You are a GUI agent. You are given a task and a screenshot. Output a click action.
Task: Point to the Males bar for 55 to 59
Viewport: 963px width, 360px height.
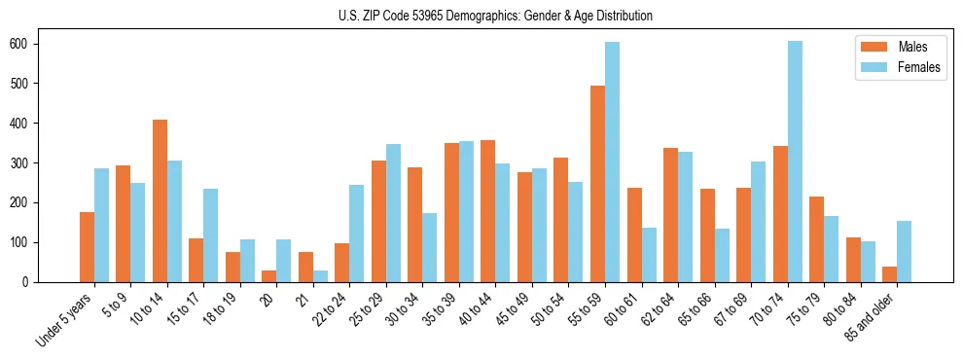597,184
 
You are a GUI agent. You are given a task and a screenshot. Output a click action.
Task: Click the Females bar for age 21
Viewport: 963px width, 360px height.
320,276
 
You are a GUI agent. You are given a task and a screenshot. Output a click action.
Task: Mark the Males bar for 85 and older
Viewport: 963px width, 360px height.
889,274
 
